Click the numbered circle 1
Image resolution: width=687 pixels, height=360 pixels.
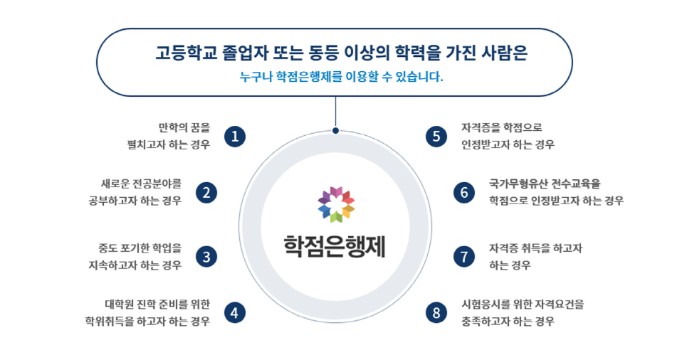pyautogui.click(x=235, y=137)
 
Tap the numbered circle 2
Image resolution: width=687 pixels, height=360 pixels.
pyautogui.click(x=206, y=193)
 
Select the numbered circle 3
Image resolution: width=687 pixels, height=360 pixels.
pyautogui.click(x=206, y=257)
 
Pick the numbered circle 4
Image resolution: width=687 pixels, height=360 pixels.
pyautogui.click(x=235, y=313)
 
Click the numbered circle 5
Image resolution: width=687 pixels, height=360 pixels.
pyautogui.click(x=436, y=137)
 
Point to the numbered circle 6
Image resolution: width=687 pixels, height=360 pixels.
pyautogui.click(x=464, y=193)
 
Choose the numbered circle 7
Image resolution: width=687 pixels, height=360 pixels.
pyautogui.click(x=464, y=257)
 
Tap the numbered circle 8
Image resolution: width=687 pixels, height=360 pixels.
pyautogui.click(x=436, y=313)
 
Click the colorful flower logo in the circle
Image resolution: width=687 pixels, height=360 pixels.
pyautogui.click(x=336, y=204)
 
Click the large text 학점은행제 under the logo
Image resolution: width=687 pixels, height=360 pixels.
pyautogui.click(x=335, y=247)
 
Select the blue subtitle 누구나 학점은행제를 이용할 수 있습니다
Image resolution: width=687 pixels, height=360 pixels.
pyautogui.click(x=341, y=77)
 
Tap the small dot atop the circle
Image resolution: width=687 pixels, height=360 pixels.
pyautogui.click(x=335, y=130)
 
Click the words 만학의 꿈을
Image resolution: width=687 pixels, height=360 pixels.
pyautogui.click(x=184, y=127)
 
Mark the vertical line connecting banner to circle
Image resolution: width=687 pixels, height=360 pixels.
pyautogui.click(x=335, y=112)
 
